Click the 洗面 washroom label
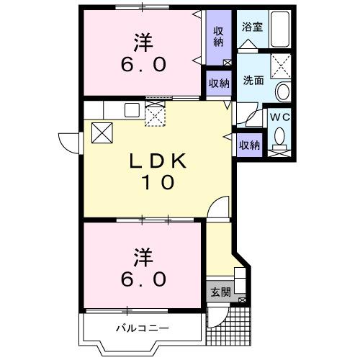[252, 81]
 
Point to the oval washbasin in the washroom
[283, 92]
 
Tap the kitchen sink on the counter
[132, 109]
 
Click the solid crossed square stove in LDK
[101, 132]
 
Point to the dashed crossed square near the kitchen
[156, 115]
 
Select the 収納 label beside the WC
[248, 145]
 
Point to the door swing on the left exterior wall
[69, 142]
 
